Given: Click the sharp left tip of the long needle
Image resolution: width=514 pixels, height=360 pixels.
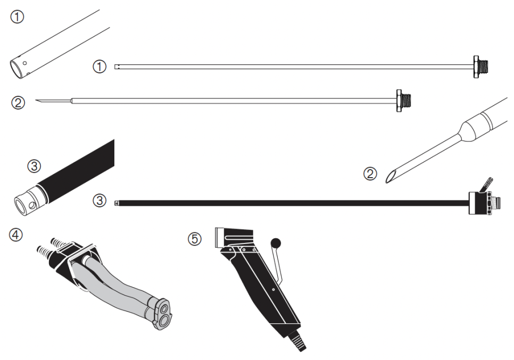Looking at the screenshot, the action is click(x=36, y=100).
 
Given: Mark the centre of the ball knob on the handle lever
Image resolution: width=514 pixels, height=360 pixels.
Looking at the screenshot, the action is click(x=276, y=244).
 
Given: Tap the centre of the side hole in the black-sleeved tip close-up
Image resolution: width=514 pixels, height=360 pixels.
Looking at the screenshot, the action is click(x=31, y=206).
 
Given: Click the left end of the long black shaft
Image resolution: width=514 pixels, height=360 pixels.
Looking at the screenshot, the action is click(x=115, y=203).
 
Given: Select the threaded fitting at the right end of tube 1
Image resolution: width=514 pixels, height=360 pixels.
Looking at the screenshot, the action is click(x=483, y=67).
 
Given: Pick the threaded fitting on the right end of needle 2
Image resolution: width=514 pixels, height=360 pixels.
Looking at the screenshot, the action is click(x=403, y=101).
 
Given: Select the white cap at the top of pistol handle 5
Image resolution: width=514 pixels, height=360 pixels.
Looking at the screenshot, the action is click(x=219, y=238).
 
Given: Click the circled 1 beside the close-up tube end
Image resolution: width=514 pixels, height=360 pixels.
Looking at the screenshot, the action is click(x=18, y=16).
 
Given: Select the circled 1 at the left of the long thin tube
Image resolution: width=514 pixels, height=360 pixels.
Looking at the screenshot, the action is click(x=100, y=67).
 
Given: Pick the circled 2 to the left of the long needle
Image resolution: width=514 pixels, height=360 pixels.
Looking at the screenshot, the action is click(x=18, y=103).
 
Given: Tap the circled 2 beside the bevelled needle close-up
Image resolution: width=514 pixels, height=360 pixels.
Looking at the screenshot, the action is click(x=370, y=173).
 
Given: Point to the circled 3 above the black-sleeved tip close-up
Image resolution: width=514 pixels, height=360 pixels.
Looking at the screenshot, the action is click(x=34, y=166).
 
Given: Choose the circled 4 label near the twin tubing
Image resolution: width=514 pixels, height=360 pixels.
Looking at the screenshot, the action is click(x=16, y=235).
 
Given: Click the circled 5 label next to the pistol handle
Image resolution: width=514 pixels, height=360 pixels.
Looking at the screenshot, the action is click(x=195, y=239).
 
